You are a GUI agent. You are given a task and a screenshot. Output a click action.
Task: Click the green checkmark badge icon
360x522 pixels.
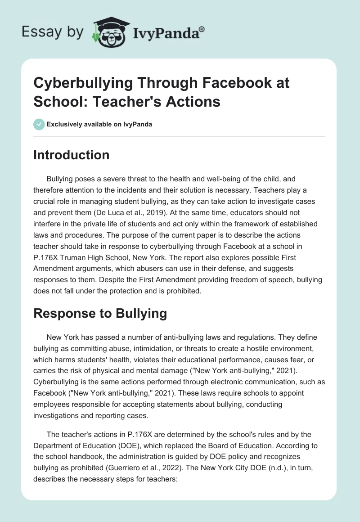(x=39, y=124)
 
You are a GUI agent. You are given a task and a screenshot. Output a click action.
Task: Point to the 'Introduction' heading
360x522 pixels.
(x=72, y=155)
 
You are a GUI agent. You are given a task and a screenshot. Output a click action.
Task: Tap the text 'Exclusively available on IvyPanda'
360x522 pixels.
(x=99, y=125)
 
